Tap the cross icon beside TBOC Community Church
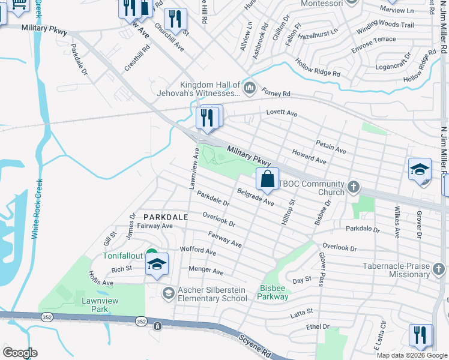(354, 187)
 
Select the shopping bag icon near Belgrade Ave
(267, 179)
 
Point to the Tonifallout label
(122, 255)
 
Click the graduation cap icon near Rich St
(157, 265)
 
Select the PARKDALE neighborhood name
(166, 217)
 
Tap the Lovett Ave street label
(282, 113)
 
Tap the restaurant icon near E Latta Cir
(420, 334)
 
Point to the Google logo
(20, 352)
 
